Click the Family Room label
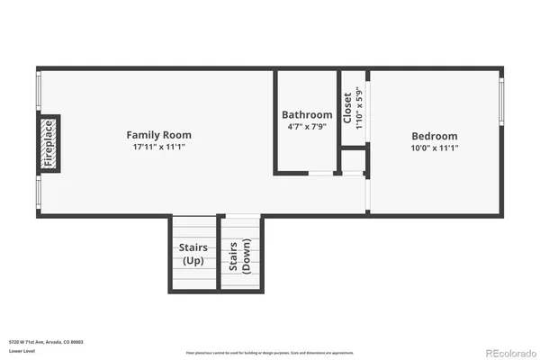pos(158,135)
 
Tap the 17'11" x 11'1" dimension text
pos(158,147)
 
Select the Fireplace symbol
pos(49,143)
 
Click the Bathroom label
pos(307,115)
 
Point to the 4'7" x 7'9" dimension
pos(307,127)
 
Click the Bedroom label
pos(434,135)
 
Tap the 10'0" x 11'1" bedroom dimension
pos(434,147)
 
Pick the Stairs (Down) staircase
pos(239,256)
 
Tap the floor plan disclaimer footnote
pos(269,352)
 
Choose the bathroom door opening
pos(322,172)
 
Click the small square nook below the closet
pos(353,162)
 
